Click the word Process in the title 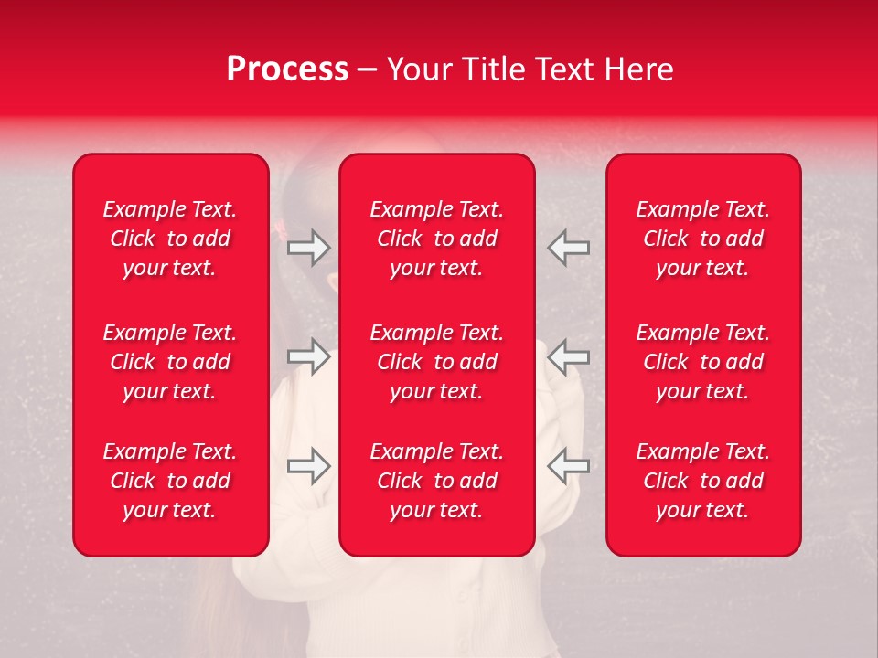(287, 69)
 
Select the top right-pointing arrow (309, 248)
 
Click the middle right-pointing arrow (309, 356)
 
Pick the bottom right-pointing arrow (309, 465)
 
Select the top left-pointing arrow (569, 248)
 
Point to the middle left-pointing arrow (569, 356)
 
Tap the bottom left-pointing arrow (569, 465)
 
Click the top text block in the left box (170, 239)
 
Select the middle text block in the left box (170, 362)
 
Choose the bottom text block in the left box (170, 481)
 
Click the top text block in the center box (437, 239)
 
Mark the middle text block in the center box (437, 362)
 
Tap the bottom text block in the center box (437, 481)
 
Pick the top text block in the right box (703, 239)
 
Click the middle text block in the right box (703, 362)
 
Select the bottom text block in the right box (703, 481)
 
